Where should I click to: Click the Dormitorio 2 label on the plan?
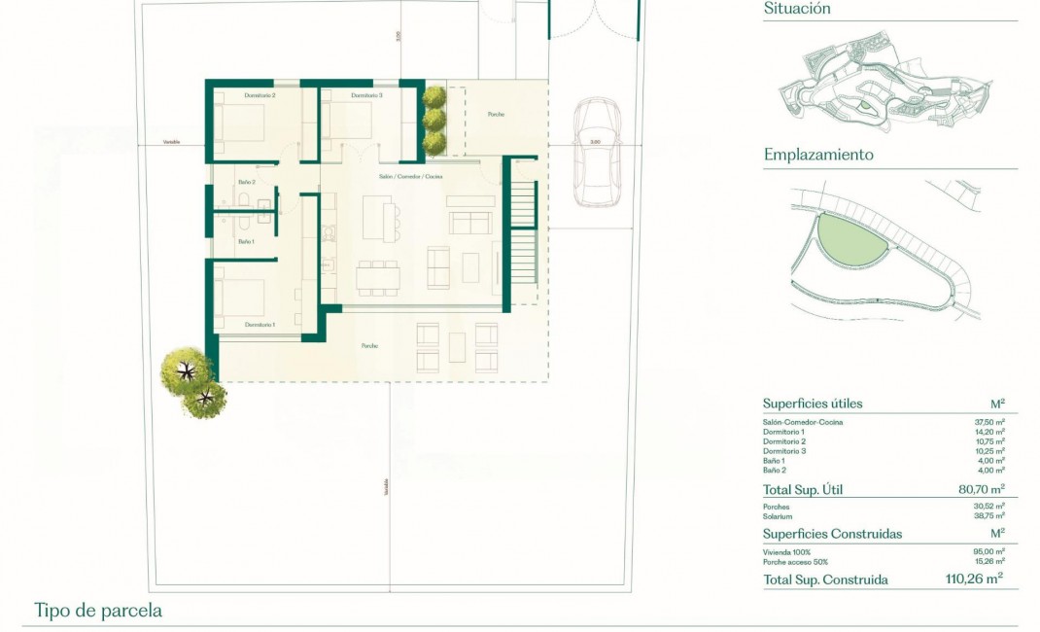[x=260, y=95]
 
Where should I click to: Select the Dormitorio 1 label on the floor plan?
[x=260, y=324]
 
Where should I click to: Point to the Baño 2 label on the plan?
[x=246, y=182]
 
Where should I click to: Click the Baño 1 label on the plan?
[x=246, y=241]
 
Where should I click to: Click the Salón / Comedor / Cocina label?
[x=412, y=177]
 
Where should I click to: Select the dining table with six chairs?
[x=377, y=278]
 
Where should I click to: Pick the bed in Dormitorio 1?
[x=241, y=294]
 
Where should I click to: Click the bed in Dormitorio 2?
[x=241, y=123]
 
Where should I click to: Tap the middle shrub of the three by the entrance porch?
[x=433, y=120]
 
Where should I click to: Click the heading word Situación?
[x=797, y=9]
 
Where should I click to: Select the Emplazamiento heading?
[x=818, y=155]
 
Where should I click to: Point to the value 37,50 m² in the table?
[x=988, y=422]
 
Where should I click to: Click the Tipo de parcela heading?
[x=97, y=612]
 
